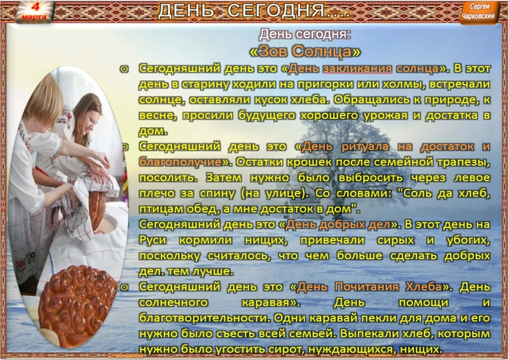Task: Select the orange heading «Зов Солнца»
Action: [305, 51]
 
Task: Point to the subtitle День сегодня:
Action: [305, 34]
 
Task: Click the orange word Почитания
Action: [367, 287]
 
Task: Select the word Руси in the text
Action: [152, 240]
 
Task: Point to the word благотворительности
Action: [203, 318]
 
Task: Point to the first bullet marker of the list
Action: [124, 69]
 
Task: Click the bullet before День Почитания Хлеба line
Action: [124, 287]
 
